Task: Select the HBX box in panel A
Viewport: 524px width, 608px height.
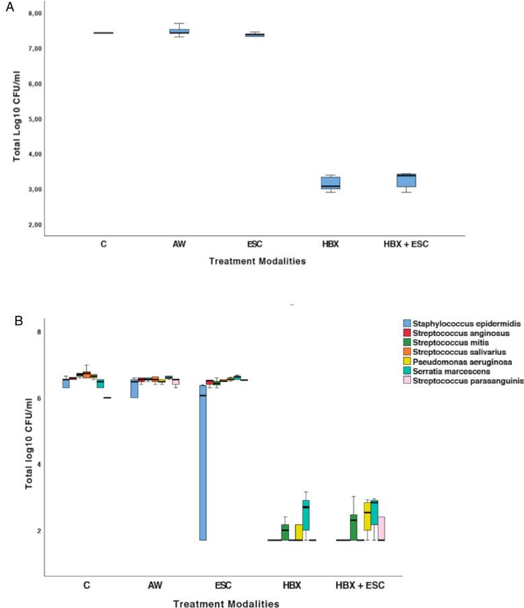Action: pyautogui.click(x=330, y=183)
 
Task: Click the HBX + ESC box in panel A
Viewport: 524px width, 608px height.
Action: pyautogui.click(x=406, y=180)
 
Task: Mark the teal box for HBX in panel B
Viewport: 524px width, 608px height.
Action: pyautogui.click(x=306, y=515)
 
